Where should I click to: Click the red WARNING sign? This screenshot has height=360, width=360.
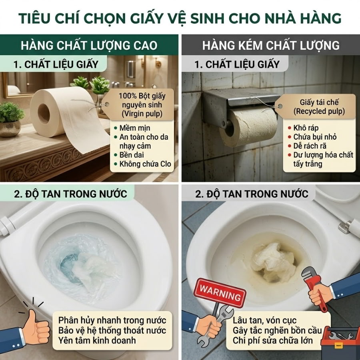pyautogui.click(x=220, y=293)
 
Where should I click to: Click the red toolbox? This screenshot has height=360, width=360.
pyautogui.click(x=340, y=342)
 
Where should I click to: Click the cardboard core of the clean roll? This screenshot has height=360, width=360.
pyautogui.click(x=44, y=112)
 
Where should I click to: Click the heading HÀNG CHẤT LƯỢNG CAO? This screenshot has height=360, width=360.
pyautogui.click(x=89, y=45)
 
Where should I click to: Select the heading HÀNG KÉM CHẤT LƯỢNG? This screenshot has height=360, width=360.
pyautogui.click(x=271, y=45)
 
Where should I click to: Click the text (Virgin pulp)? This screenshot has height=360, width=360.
pyautogui.click(x=142, y=114)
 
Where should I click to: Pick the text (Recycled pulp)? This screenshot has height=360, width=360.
pyautogui.click(x=319, y=111)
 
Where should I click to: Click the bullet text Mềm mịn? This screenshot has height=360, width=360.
pyautogui.click(x=135, y=128)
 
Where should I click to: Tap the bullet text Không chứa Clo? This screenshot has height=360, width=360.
pyautogui.click(x=145, y=164)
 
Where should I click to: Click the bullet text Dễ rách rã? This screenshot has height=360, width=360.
pyautogui.click(x=310, y=146)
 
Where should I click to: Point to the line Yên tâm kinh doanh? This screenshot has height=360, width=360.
pyautogui.click(x=97, y=340)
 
